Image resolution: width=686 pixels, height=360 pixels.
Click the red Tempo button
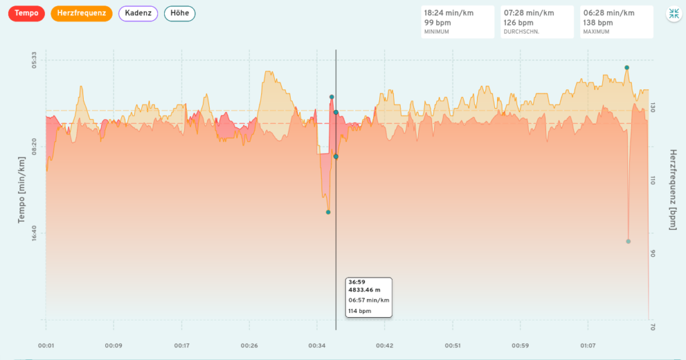coord(26,13)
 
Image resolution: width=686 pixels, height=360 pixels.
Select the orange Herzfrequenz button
coord(80,13)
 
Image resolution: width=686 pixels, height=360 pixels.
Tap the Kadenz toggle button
coord(138,13)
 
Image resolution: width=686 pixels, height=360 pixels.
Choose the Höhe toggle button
coord(180,13)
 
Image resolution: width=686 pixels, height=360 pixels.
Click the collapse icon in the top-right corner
coord(673,14)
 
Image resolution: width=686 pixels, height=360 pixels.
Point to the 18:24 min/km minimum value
coord(448,13)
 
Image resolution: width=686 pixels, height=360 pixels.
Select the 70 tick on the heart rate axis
coord(654,326)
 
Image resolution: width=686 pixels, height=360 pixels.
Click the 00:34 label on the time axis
coord(317,346)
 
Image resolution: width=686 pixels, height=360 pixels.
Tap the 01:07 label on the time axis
coord(588,346)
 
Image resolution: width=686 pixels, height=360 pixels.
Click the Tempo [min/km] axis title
coord(21,190)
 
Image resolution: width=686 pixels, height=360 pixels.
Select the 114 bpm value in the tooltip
coord(359,311)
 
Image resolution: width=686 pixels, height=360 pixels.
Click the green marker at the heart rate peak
coord(627,68)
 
